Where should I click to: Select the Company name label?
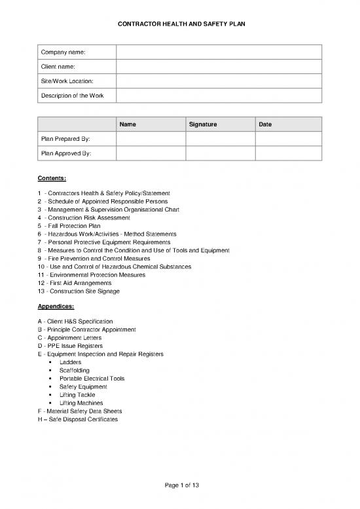click(63, 52)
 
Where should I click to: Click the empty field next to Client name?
click(219, 67)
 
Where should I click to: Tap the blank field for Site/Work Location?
click(219, 81)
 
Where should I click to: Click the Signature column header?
click(202, 124)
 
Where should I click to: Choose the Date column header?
click(266, 124)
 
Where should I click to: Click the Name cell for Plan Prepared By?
click(151, 139)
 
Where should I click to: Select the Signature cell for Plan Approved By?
click(220, 154)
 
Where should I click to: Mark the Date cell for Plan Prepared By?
click(288, 139)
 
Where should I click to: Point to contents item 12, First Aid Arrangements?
click(79, 283)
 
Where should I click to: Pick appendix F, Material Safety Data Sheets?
click(84, 411)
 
